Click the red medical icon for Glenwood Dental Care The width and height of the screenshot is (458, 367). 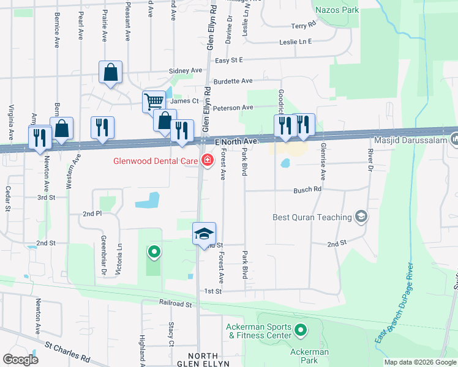pyautogui.click(x=207, y=161)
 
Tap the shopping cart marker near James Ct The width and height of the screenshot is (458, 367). pyautogui.click(x=153, y=101)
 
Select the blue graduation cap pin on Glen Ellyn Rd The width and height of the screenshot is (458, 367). pyautogui.click(x=204, y=234)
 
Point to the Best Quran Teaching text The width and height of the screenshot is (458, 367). pyautogui.click(x=312, y=217)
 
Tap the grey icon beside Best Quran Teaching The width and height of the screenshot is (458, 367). pyautogui.click(x=361, y=217)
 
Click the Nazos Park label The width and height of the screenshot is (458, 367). pyautogui.click(x=336, y=10)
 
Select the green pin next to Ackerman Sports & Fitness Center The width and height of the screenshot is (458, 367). pyautogui.click(x=300, y=331)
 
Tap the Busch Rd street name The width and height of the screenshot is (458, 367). pyautogui.click(x=307, y=190)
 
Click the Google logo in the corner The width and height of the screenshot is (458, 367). pyautogui.click(x=20, y=359)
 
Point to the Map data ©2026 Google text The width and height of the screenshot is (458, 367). pyautogui.click(x=419, y=362)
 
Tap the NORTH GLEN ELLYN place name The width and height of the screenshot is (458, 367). pyautogui.click(x=203, y=360)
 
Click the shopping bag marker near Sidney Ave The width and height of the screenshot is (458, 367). pyautogui.click(x=111, y=73)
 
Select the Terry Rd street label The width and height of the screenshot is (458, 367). pyautogui.click(x=303, y=26)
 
